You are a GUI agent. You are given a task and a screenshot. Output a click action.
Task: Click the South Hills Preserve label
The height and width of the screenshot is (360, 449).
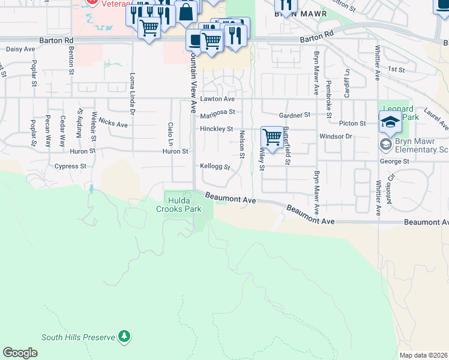(78, 337)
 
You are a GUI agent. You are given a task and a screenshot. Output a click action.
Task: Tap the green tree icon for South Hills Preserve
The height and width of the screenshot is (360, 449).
(124, 337)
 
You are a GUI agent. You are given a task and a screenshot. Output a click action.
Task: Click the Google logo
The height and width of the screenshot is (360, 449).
(20, 352)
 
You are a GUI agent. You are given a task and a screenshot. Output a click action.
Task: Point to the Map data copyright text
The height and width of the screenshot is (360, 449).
(423, 355)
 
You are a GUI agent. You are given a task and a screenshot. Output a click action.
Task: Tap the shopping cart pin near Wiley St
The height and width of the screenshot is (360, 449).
(273, 137)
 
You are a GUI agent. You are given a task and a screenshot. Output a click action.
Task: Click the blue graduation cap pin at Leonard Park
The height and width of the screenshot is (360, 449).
(390, 122)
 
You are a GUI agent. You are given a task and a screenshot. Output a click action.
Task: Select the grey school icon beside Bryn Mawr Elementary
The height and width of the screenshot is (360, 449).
(385, 144)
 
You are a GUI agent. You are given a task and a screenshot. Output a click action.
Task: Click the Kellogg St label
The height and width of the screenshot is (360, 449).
(215, 166)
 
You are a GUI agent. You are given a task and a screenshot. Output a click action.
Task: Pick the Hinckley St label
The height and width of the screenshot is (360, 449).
(216, 129)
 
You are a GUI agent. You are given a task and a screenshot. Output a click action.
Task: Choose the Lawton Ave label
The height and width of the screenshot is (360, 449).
(217, 98)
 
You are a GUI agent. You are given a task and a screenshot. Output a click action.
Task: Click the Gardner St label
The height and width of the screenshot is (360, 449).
(295, 115)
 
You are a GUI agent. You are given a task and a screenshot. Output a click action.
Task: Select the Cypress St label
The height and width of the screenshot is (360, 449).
(70, 166)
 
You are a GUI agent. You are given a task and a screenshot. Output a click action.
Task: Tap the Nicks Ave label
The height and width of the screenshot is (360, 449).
(113, 124)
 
